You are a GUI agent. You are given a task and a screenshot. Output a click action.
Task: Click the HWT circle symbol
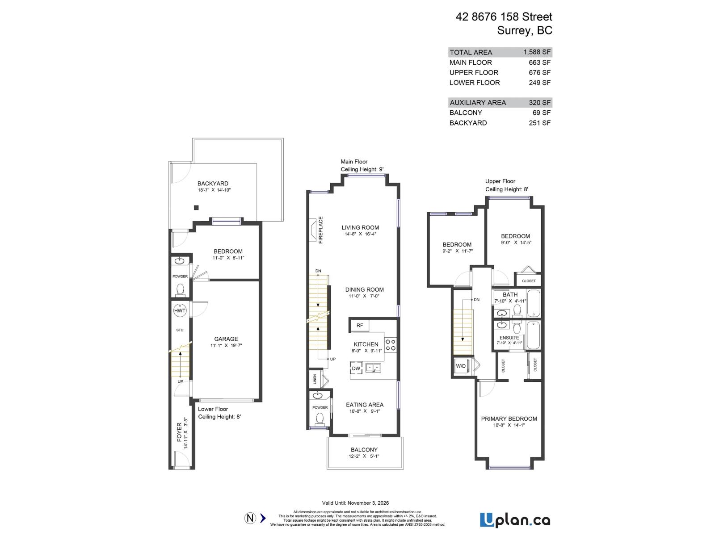coord(180,310)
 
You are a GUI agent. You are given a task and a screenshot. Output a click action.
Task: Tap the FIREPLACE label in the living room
coord(320,230)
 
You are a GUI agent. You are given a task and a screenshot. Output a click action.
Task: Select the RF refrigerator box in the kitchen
coord(360,325)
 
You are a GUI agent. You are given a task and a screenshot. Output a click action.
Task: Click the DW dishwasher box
coord(356,368)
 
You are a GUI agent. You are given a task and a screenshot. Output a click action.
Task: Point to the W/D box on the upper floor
coord(461,366)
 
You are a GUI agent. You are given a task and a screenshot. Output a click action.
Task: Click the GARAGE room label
coord(226,339)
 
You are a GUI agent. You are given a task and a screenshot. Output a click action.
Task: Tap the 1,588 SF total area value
coord(537,52)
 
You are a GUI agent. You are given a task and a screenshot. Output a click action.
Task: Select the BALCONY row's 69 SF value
coord(541,113)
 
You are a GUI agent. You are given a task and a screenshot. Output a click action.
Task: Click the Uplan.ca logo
coord(515,520)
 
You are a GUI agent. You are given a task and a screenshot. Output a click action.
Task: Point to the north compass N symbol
coord(250,518)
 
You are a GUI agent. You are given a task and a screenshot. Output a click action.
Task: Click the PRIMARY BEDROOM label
coord(509,419)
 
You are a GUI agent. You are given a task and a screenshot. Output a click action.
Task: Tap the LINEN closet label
coord(315,379)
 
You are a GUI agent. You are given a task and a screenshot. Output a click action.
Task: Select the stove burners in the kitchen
coord(390,344)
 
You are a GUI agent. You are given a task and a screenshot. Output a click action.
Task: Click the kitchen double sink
coord(373,368)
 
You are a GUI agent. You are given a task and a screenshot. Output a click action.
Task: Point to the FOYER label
coord(180,432)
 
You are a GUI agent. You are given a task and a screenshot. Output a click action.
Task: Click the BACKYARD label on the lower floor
coord(213,184)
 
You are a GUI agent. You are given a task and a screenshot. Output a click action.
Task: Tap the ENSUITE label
coord(509,338)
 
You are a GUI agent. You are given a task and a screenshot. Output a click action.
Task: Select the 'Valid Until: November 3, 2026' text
coord(355,503)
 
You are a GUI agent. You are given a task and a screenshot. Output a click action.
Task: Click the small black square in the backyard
coord(196,207)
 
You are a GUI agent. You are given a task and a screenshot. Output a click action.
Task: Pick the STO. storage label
coord(180,330)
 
